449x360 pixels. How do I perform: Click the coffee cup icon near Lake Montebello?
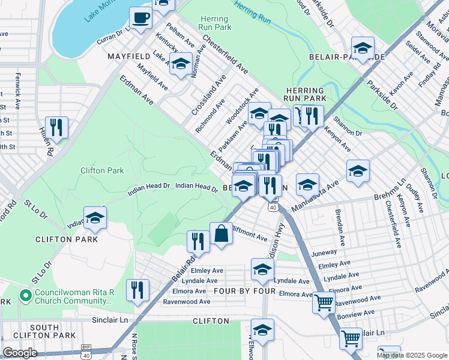(x=141, y=19)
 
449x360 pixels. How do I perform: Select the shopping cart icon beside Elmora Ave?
(x=324, y=303)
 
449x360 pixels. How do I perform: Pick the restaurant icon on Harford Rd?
(x=56, y=128)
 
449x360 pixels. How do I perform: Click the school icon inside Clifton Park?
(x=95, y=220)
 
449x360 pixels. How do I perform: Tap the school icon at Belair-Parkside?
(x=363, y=48)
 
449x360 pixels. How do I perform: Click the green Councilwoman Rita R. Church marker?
(x=25, y=296)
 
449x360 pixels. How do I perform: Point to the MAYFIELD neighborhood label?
(x=128, y=56)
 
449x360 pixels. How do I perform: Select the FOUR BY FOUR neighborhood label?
(x=248, y=291)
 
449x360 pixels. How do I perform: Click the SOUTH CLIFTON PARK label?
(x=44, y=331)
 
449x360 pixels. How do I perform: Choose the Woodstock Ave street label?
(x=242, y=105)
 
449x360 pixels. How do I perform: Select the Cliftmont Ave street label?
(x=249, y=234)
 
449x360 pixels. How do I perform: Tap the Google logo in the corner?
(x=20, y=352)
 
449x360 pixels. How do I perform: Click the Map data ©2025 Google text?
(x=412, y=355)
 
